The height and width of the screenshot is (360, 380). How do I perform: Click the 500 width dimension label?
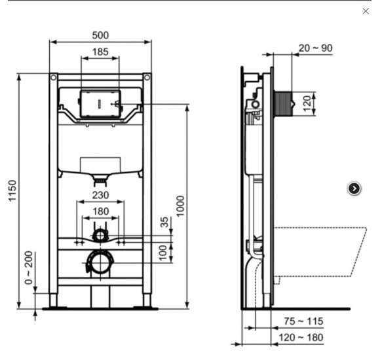(100, 35)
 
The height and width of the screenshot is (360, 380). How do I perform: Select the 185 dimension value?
(100, 52)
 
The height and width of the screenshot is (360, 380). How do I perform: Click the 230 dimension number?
(100, 194)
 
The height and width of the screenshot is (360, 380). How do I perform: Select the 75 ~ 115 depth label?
(303, 321)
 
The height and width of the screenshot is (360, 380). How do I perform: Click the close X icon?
(366, 11)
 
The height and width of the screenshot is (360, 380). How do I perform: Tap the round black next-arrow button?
(354, 189)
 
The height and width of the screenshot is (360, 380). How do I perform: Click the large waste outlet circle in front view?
(100, 263)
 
